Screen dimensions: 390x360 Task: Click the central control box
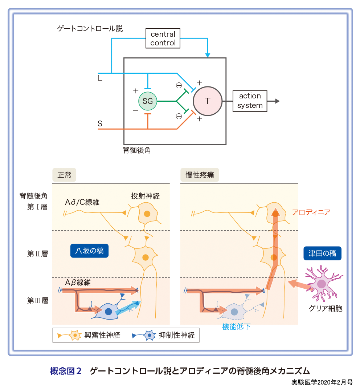pos(163,38)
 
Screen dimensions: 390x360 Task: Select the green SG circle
pos(148,101)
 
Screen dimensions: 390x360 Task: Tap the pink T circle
pos(208,101)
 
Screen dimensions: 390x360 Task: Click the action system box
pos(250,101)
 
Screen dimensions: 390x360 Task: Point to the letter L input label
pos(100,78)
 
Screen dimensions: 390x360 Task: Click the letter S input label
pos(100,124)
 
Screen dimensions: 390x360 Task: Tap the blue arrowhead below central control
pos(208,55)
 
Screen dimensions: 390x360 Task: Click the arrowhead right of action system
pos(277,101)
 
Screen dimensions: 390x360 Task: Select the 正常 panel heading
pos(64,175)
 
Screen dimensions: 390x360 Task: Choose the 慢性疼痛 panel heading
pos(200,175)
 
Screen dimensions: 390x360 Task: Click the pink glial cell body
pos(322,284)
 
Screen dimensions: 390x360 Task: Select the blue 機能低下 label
pos(236,327)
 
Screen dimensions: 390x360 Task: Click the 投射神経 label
pos(146,196)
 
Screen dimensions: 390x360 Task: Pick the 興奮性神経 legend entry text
pos(102,335)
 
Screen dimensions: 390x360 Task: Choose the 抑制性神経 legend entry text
pos(177,335)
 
